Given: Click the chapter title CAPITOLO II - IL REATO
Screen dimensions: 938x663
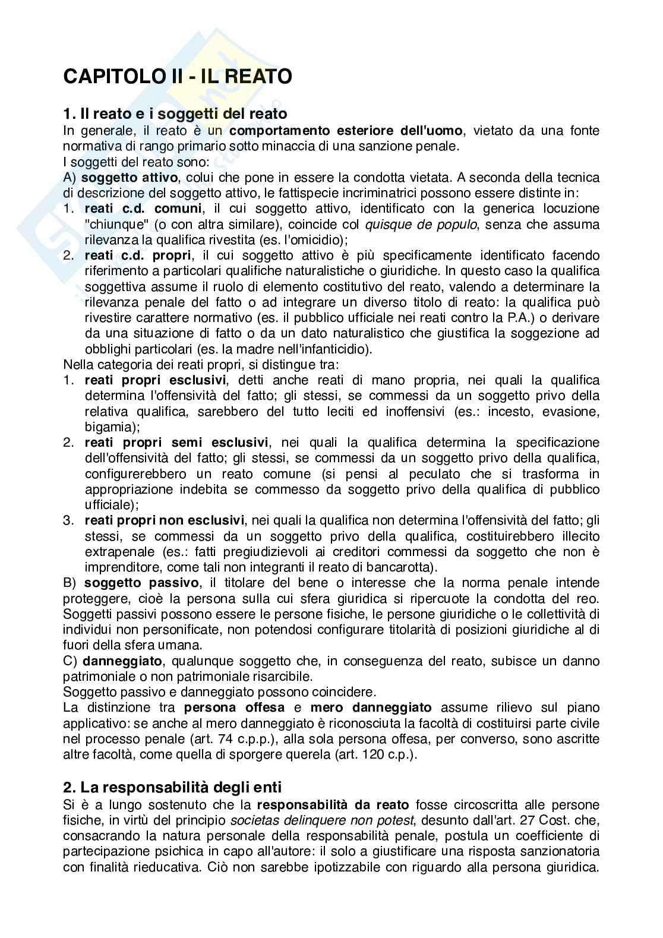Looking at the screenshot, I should pyautogui.click(x=178, y=77).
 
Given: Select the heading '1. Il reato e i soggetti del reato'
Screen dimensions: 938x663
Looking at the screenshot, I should pyautogui.click(x=175, y=113).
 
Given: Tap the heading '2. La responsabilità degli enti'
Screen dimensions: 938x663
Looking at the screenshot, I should pyautogui.click(x=172, y=788).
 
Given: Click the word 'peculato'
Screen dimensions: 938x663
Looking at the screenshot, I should pyautogui.click(x=421, y=474).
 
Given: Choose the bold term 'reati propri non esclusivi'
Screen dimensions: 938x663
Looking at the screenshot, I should pyautogui.click(x=165, y=520).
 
